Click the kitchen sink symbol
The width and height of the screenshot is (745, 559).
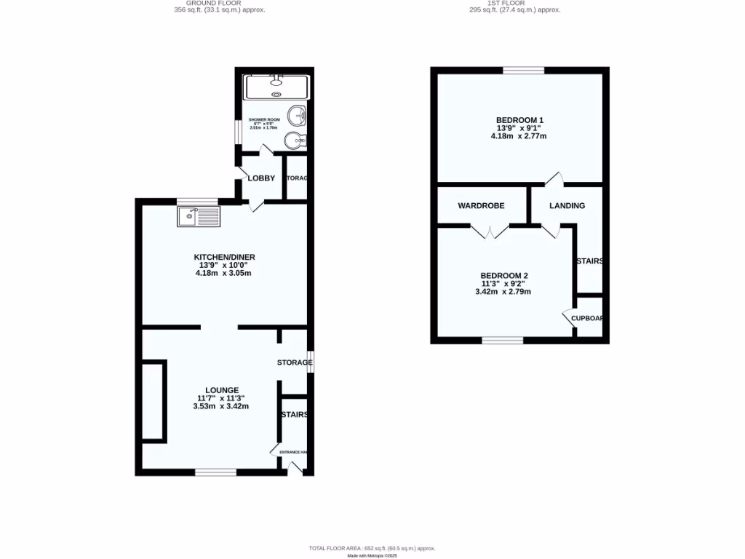click(x=198, y=215)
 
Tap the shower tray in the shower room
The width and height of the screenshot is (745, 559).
click(x=276, y=87)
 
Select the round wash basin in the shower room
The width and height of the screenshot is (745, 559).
click(x=297, y=115)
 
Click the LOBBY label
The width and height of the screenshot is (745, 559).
click(x=261, y=178)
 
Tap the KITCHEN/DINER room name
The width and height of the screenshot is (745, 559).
click(x=224, y=257)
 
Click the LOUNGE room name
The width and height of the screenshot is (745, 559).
click(x=221, y=390)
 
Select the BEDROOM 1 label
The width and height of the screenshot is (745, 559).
click(x=519, y=120)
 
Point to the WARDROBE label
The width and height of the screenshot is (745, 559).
click(x=481, y=206)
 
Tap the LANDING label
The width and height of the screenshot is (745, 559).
click(x=567, y=206)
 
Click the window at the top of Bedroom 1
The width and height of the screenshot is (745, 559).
click(x=523, y=71)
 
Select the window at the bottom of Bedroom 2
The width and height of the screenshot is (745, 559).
click(x=502, y=340)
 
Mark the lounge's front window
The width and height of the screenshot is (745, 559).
click(x=215, y=472)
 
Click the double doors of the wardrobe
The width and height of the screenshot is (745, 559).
click(x=489, y=231)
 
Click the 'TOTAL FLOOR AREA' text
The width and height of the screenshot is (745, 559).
click(x=372, y=548)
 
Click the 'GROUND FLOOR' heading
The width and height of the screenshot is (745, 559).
click(x=219, y=4)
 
